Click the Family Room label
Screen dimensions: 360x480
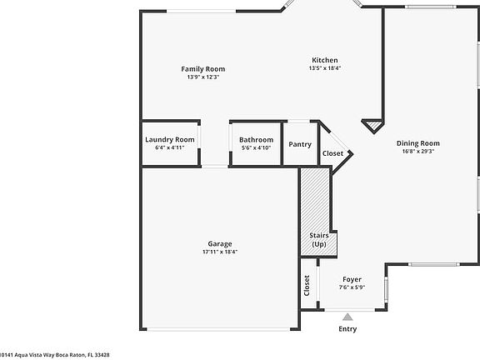(203, 69)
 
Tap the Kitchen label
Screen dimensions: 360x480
(325, 60)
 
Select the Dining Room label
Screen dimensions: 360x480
(417, 143)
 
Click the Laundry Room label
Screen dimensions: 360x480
(170, 140)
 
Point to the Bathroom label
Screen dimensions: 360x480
(256, 140)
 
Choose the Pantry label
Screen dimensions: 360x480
(300, 144)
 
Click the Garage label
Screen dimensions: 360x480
(220, 243)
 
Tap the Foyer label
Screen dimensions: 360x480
(352, 279)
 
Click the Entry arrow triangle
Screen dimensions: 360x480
(347, 317)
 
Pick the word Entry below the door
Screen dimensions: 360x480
(347, 329)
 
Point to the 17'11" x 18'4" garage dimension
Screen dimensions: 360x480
(220, 252)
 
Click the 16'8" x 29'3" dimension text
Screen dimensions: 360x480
(417, 152)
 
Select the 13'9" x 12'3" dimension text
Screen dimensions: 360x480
(203, 77)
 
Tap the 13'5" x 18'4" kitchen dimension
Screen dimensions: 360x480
(325, 68)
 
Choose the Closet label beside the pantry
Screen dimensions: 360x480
(332, 153)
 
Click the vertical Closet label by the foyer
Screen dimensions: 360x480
(307, 286)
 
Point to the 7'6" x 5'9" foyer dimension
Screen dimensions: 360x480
(352, 287)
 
